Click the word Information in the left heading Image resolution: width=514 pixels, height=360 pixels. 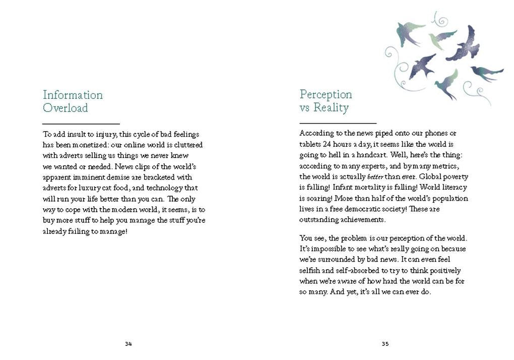point(73,95)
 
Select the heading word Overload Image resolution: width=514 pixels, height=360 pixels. point(65,108)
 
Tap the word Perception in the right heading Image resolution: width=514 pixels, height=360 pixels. point(326,94)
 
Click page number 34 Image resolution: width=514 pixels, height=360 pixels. point(128,344)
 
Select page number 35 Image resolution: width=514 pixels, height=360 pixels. point(385,344)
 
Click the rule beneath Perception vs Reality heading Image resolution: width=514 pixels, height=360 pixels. point(338,123)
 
